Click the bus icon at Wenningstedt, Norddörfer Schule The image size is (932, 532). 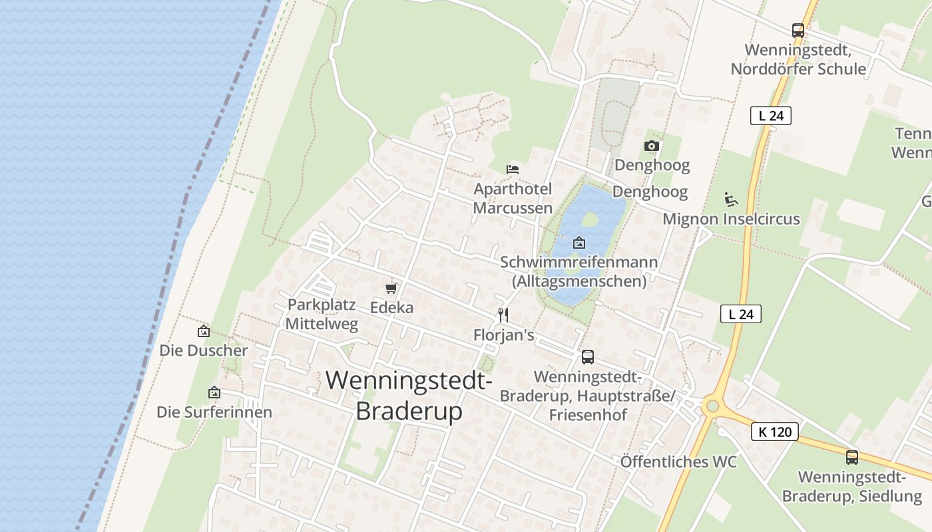click(x=798, y=31)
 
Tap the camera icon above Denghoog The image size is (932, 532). click(x=652, y=146)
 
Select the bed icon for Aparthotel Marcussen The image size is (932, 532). click(x=513, y=170)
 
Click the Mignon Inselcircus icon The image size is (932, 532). click(x=730, y=199)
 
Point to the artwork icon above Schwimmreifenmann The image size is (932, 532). click(x=579, y=243)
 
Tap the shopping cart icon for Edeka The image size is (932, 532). click(x=391, y=289)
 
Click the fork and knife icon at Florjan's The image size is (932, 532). click(x=503, y=315)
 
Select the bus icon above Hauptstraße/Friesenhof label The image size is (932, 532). click(x=587, y=357)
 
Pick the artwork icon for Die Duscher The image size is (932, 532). click(x=204, y=331)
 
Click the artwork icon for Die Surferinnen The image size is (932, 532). click(x=214, y=392)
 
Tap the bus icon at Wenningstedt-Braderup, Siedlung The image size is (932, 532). click(x=851, y=458)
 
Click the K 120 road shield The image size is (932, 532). click(x=775, y=432)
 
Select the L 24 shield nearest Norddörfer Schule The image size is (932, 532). click(x=770, y=116)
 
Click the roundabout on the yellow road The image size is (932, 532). click(x=712, y=405)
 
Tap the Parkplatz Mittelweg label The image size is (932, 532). click(x=322, y=315)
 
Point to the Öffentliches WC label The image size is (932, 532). click(x=678, y=462)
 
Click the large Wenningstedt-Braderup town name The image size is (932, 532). click(x=409, y=396)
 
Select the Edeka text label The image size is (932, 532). click(x=391, y=308)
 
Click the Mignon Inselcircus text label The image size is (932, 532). click(x=731, y=219)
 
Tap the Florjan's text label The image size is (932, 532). click(x=503, y=335)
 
